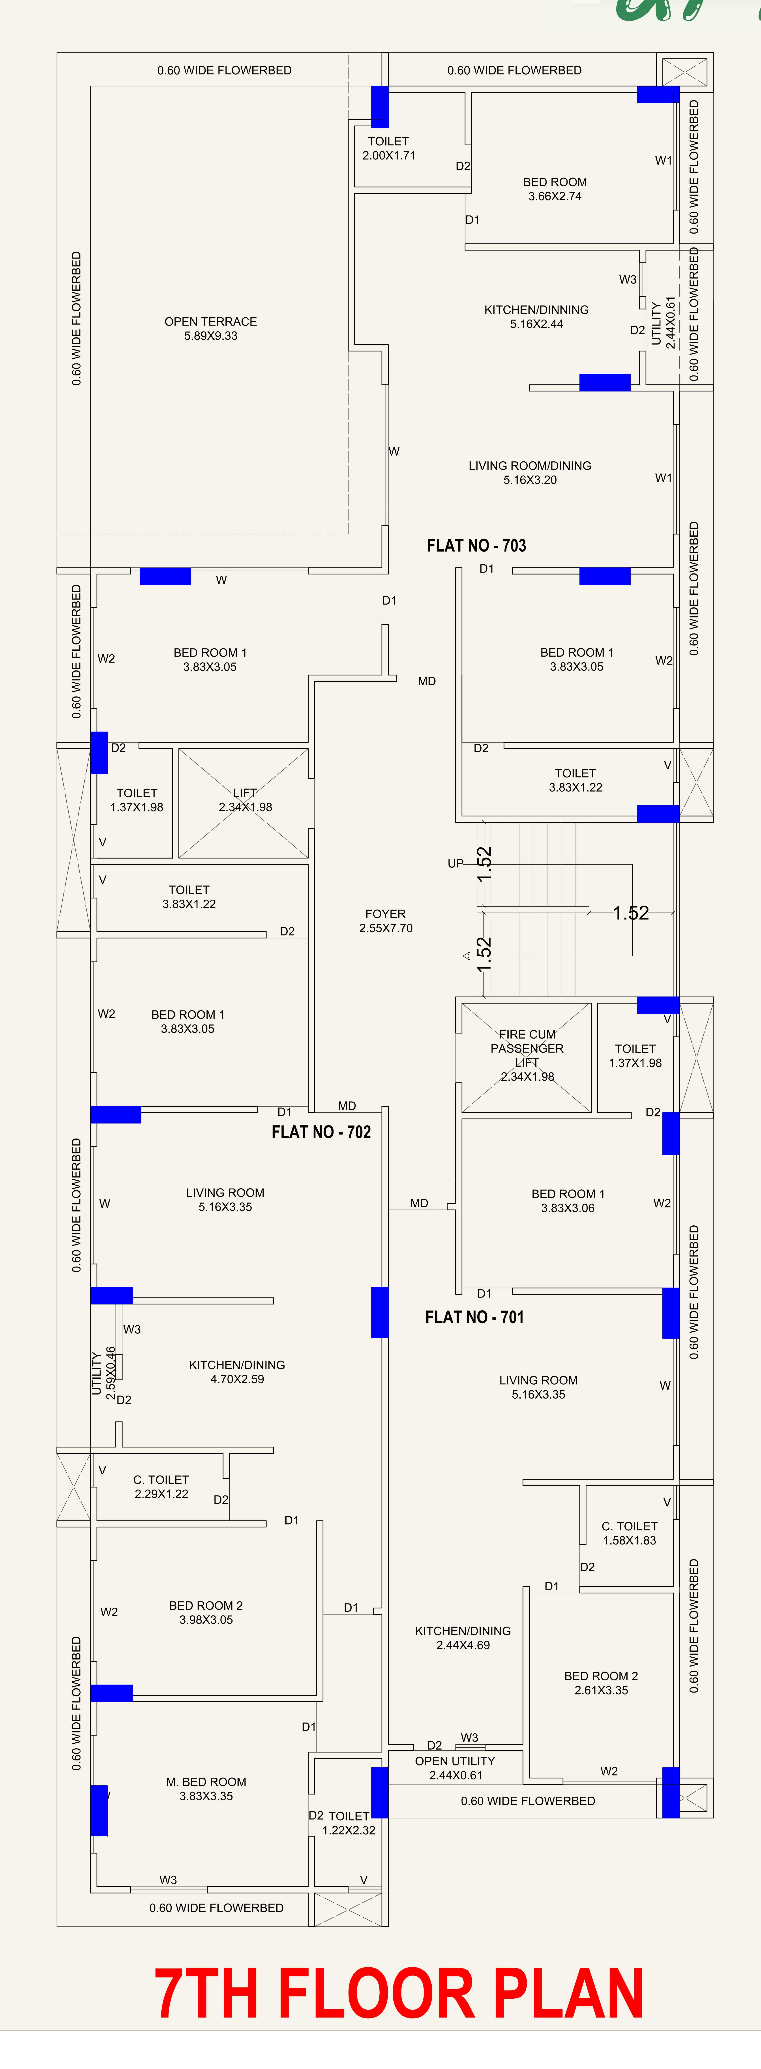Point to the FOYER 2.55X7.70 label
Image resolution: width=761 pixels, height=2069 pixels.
pyautogui.click(x=386, y=920)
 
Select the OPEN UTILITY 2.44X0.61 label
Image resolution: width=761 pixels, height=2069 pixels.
pyautogui.click(x=455, y=1768)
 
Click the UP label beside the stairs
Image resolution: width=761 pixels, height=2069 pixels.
pyautogui.click(x=456, y=863)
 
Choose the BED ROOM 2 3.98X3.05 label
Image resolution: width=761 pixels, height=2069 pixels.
pyautogui.click(x=206, y=1612)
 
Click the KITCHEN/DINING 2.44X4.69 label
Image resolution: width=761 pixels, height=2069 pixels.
pyautogui.click(x=463, y=1638)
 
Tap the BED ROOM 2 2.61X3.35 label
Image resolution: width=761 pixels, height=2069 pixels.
pyautogui.click(x=601, y=1683)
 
